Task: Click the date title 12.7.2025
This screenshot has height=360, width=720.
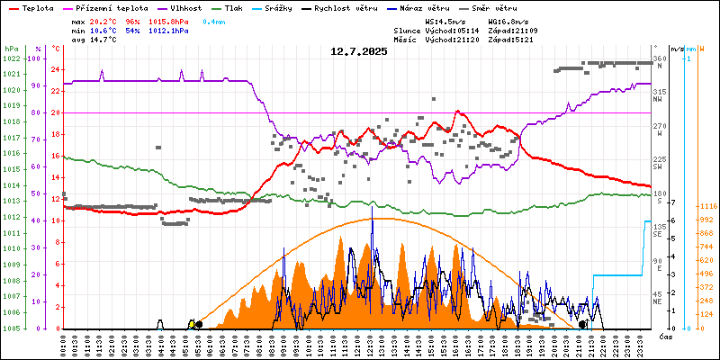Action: point(359,52)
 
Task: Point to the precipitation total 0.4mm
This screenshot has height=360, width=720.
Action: point(213,20)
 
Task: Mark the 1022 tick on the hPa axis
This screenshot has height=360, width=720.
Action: point(11,58)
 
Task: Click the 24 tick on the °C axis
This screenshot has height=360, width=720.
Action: point(55,69)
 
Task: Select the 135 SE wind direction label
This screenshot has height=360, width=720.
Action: point(659,230)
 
